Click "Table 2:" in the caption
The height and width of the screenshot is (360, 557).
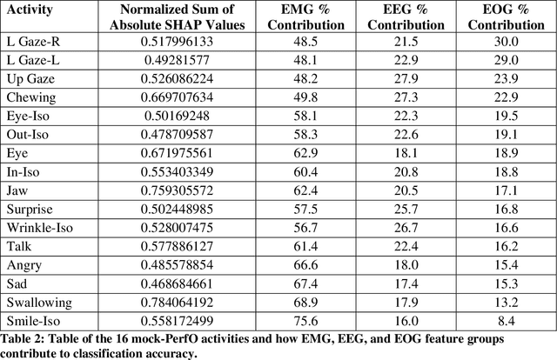(27, 338)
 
